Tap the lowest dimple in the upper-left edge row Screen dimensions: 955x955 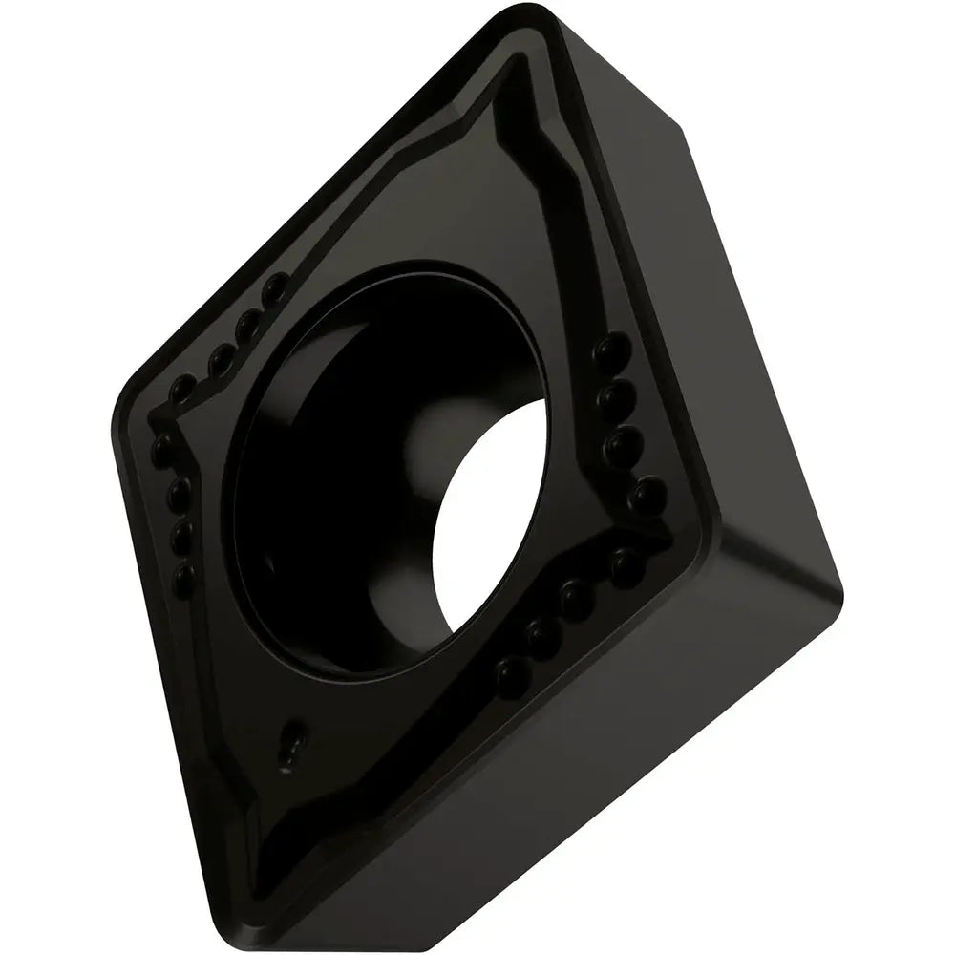180,391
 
